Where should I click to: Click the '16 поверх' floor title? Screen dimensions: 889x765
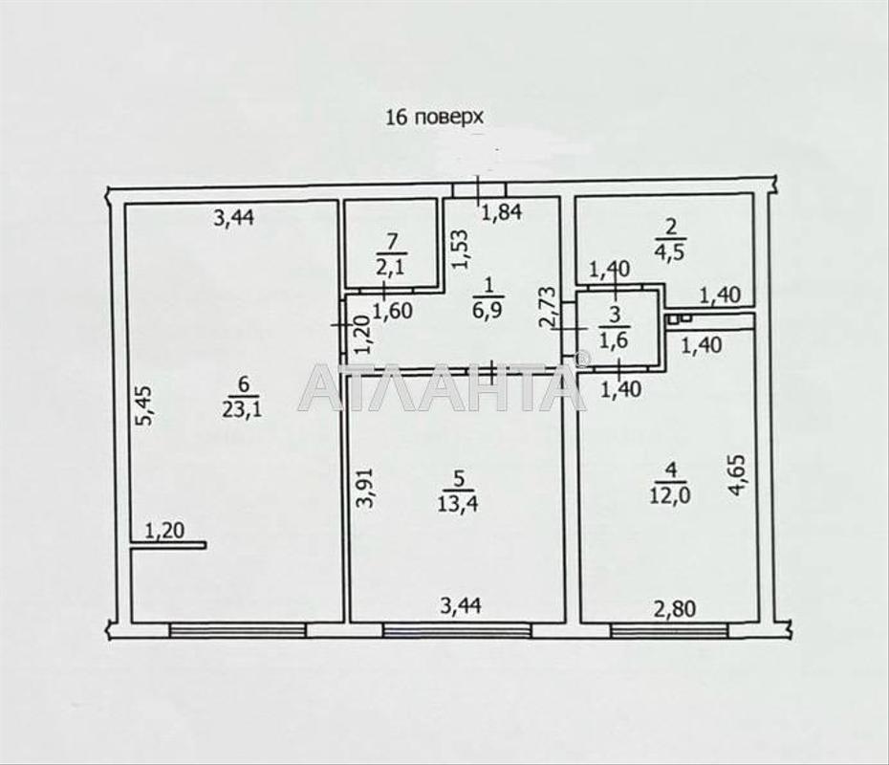(x=434, y=118)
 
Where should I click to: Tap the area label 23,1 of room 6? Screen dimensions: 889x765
(x=242, y=409)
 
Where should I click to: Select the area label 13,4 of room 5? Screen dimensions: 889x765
(x=458, y=503)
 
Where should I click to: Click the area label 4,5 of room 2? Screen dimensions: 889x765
(x=671, y=251)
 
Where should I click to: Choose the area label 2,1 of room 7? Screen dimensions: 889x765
(x=391, y=266)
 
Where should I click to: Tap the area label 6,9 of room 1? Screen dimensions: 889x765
(x=488, y=310)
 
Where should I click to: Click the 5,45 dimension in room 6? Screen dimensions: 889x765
(x=144, y=405)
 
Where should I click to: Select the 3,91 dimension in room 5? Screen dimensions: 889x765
(x=368, y=487)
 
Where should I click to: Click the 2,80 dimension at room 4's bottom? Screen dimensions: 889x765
(x=675, y=609)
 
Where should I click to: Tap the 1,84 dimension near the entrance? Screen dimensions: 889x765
(x=502, y=213)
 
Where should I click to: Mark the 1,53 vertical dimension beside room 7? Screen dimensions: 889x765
(x=460, y=249)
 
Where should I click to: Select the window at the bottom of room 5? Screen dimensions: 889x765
(x=457, y=630)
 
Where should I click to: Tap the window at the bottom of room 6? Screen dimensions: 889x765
(x=238, y=630)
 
